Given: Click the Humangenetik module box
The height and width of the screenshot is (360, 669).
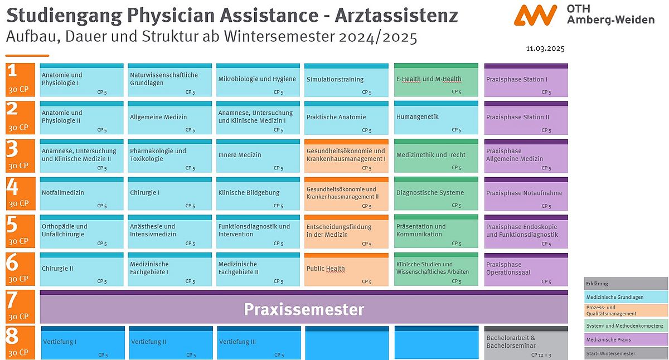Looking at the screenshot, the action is click(436, 118).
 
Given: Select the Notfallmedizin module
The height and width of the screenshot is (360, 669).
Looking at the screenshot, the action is click(81, 193).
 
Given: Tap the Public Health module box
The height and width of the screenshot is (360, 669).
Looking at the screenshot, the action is click(346, 269).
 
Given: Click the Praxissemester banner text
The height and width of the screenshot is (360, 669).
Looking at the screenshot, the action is click(304, 309).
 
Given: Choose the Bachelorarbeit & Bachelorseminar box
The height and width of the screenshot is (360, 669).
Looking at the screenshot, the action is click(526, 343).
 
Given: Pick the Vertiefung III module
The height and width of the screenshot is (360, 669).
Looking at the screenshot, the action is click(259, 343).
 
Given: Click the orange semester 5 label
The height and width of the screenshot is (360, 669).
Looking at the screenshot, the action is click(20, 231).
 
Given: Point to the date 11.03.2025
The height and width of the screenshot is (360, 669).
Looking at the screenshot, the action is click(545, 48).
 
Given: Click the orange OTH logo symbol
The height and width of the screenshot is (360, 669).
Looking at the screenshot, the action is click(535, 15).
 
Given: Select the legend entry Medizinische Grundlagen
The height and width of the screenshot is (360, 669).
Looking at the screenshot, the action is click(626, 297).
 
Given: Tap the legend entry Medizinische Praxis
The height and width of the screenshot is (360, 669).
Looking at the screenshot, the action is click(626, 339).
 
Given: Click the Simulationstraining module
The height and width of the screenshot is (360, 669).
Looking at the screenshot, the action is click(346, 80).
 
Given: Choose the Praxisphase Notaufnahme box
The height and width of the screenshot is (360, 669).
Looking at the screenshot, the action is click(526, 193).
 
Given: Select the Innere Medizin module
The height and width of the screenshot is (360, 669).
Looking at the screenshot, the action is click(258, 155).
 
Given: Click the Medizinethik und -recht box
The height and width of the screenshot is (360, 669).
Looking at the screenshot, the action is click(436, 155).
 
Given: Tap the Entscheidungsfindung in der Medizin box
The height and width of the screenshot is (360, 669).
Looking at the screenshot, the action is click(346, 231).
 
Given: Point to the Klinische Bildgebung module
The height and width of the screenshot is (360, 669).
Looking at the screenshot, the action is click(258, 193).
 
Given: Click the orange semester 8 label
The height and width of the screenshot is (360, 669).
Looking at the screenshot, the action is click(20, 342).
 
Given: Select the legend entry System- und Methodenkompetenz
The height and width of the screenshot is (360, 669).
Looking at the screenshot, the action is click(626, 325).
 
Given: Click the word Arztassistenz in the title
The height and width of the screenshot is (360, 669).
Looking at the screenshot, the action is click(396, 15).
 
